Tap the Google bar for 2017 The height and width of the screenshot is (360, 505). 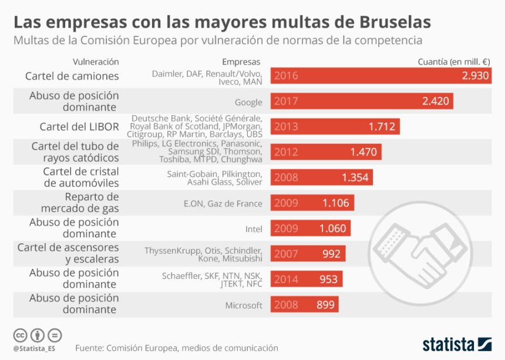click(362, 101)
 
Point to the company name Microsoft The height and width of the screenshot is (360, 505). click(244, 305)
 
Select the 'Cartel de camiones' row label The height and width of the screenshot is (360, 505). click(72, 76)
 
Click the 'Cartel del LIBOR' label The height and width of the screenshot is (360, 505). click(79, 126)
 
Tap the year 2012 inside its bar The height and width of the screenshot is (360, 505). click(286, 152)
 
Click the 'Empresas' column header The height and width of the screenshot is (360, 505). click(241, 62)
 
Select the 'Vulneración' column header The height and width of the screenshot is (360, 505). click(96, 62)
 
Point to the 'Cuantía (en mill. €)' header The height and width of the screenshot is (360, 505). click(454, 62)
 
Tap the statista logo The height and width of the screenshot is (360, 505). click(456, 344)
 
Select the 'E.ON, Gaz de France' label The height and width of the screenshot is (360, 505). click(223, 203)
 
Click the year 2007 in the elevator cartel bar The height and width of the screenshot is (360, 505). click(286, 254)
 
